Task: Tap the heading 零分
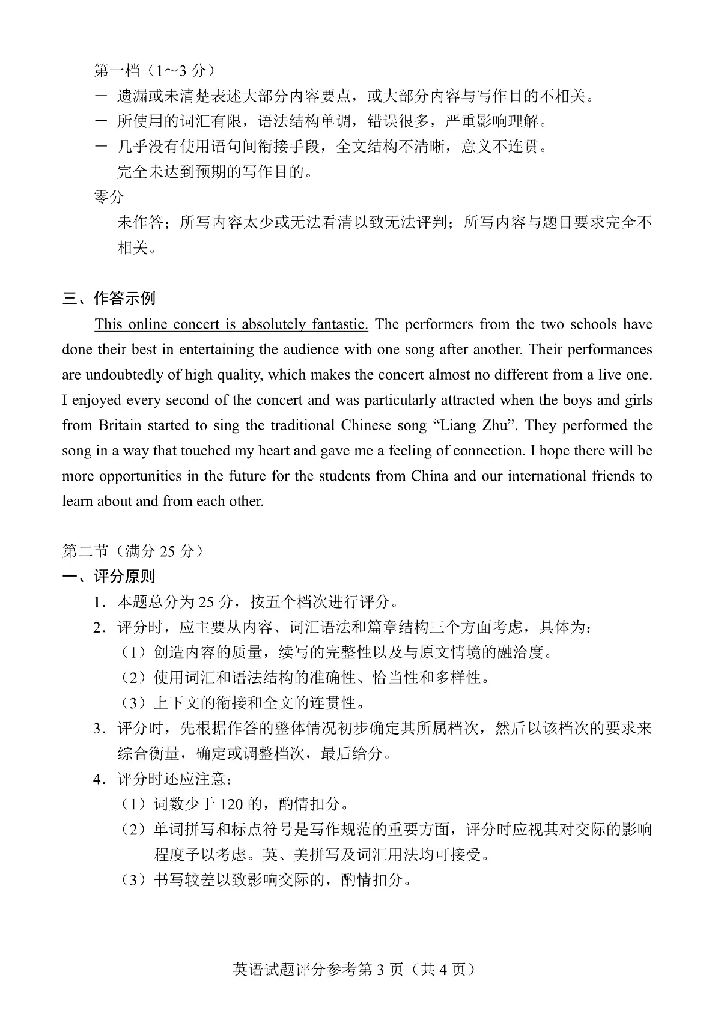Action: point(109,197)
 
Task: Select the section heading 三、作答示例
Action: point(109,298)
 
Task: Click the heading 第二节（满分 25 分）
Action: point(133,551)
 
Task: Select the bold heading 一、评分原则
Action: point(109,577)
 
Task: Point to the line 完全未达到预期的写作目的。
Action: point(214,172)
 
